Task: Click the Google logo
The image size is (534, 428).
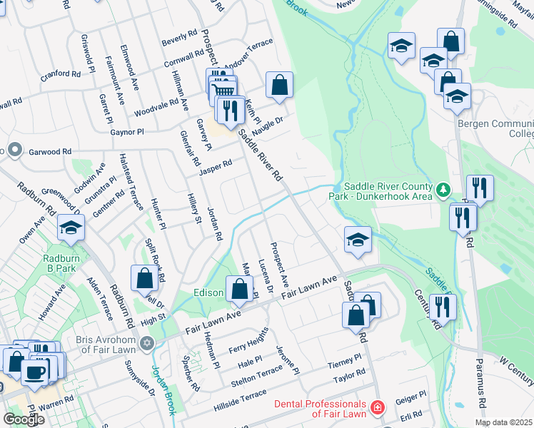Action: click(x=24, y=419)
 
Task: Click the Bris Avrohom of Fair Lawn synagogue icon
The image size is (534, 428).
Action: click(x=147, y=344)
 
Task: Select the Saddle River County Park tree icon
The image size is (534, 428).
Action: click(x=443, y=190)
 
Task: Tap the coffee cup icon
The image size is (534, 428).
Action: click(x=34, y=371)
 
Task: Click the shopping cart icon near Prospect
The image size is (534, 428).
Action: click(x=223, y=89)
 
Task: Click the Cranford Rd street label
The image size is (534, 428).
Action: click(x=60, y=73)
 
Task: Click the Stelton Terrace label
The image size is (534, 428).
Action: click(x=258, y=372)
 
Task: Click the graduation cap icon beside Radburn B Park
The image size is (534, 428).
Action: click(x=71, y=228)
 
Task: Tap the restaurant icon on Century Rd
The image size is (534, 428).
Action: click(x=443, y=307)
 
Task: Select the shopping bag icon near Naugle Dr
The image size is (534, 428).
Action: click(x=280, y=85)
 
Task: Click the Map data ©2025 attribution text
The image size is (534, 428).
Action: click(x=503, y=422)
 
